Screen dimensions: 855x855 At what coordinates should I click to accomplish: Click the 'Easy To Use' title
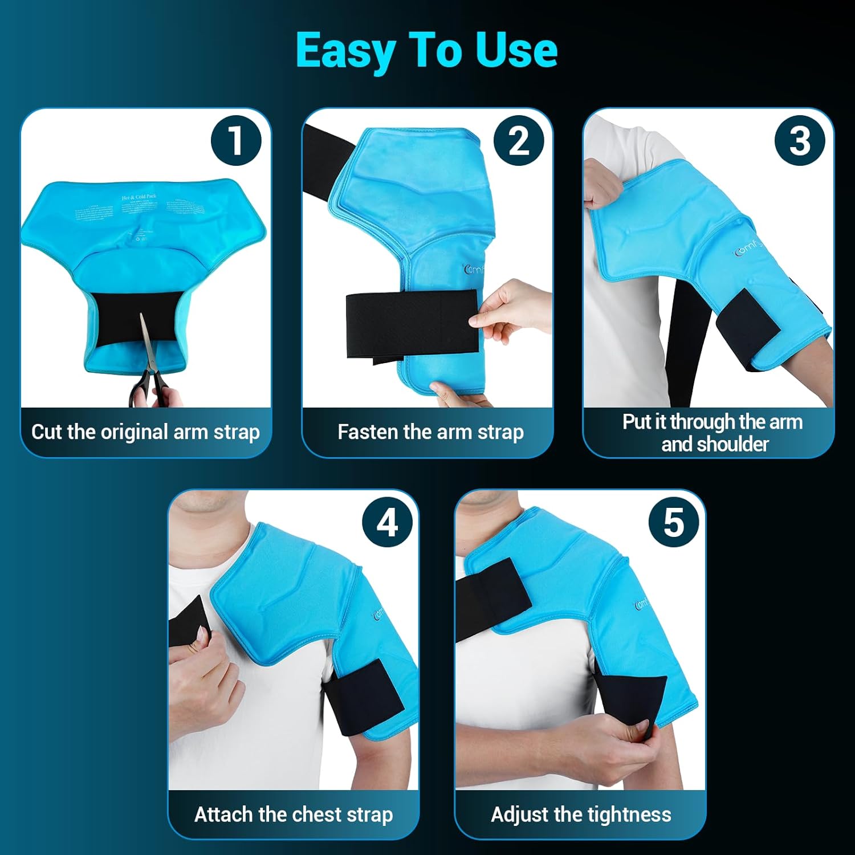[x=426, y=50]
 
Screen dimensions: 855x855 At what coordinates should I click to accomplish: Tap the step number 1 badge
[x=236, y=140]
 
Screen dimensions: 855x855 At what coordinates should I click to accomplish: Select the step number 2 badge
[x=518, y=140]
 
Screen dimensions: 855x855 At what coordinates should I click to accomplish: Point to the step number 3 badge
[x=799, y=140]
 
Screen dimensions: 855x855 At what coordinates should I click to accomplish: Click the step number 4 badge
[x=388, y=522]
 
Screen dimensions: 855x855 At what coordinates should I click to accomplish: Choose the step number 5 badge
[x=674, y=522]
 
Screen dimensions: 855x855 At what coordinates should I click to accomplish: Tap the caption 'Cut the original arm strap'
[x=145, y=432]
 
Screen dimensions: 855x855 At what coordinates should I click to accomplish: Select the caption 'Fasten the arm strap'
[x=430, y=432]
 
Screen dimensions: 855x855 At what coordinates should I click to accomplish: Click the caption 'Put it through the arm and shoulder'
[x=712, y=433]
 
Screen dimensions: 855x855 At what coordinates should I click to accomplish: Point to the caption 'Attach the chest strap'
[x=294, y=815]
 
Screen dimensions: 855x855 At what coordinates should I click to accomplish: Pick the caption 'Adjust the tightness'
[x=581, y=815]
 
